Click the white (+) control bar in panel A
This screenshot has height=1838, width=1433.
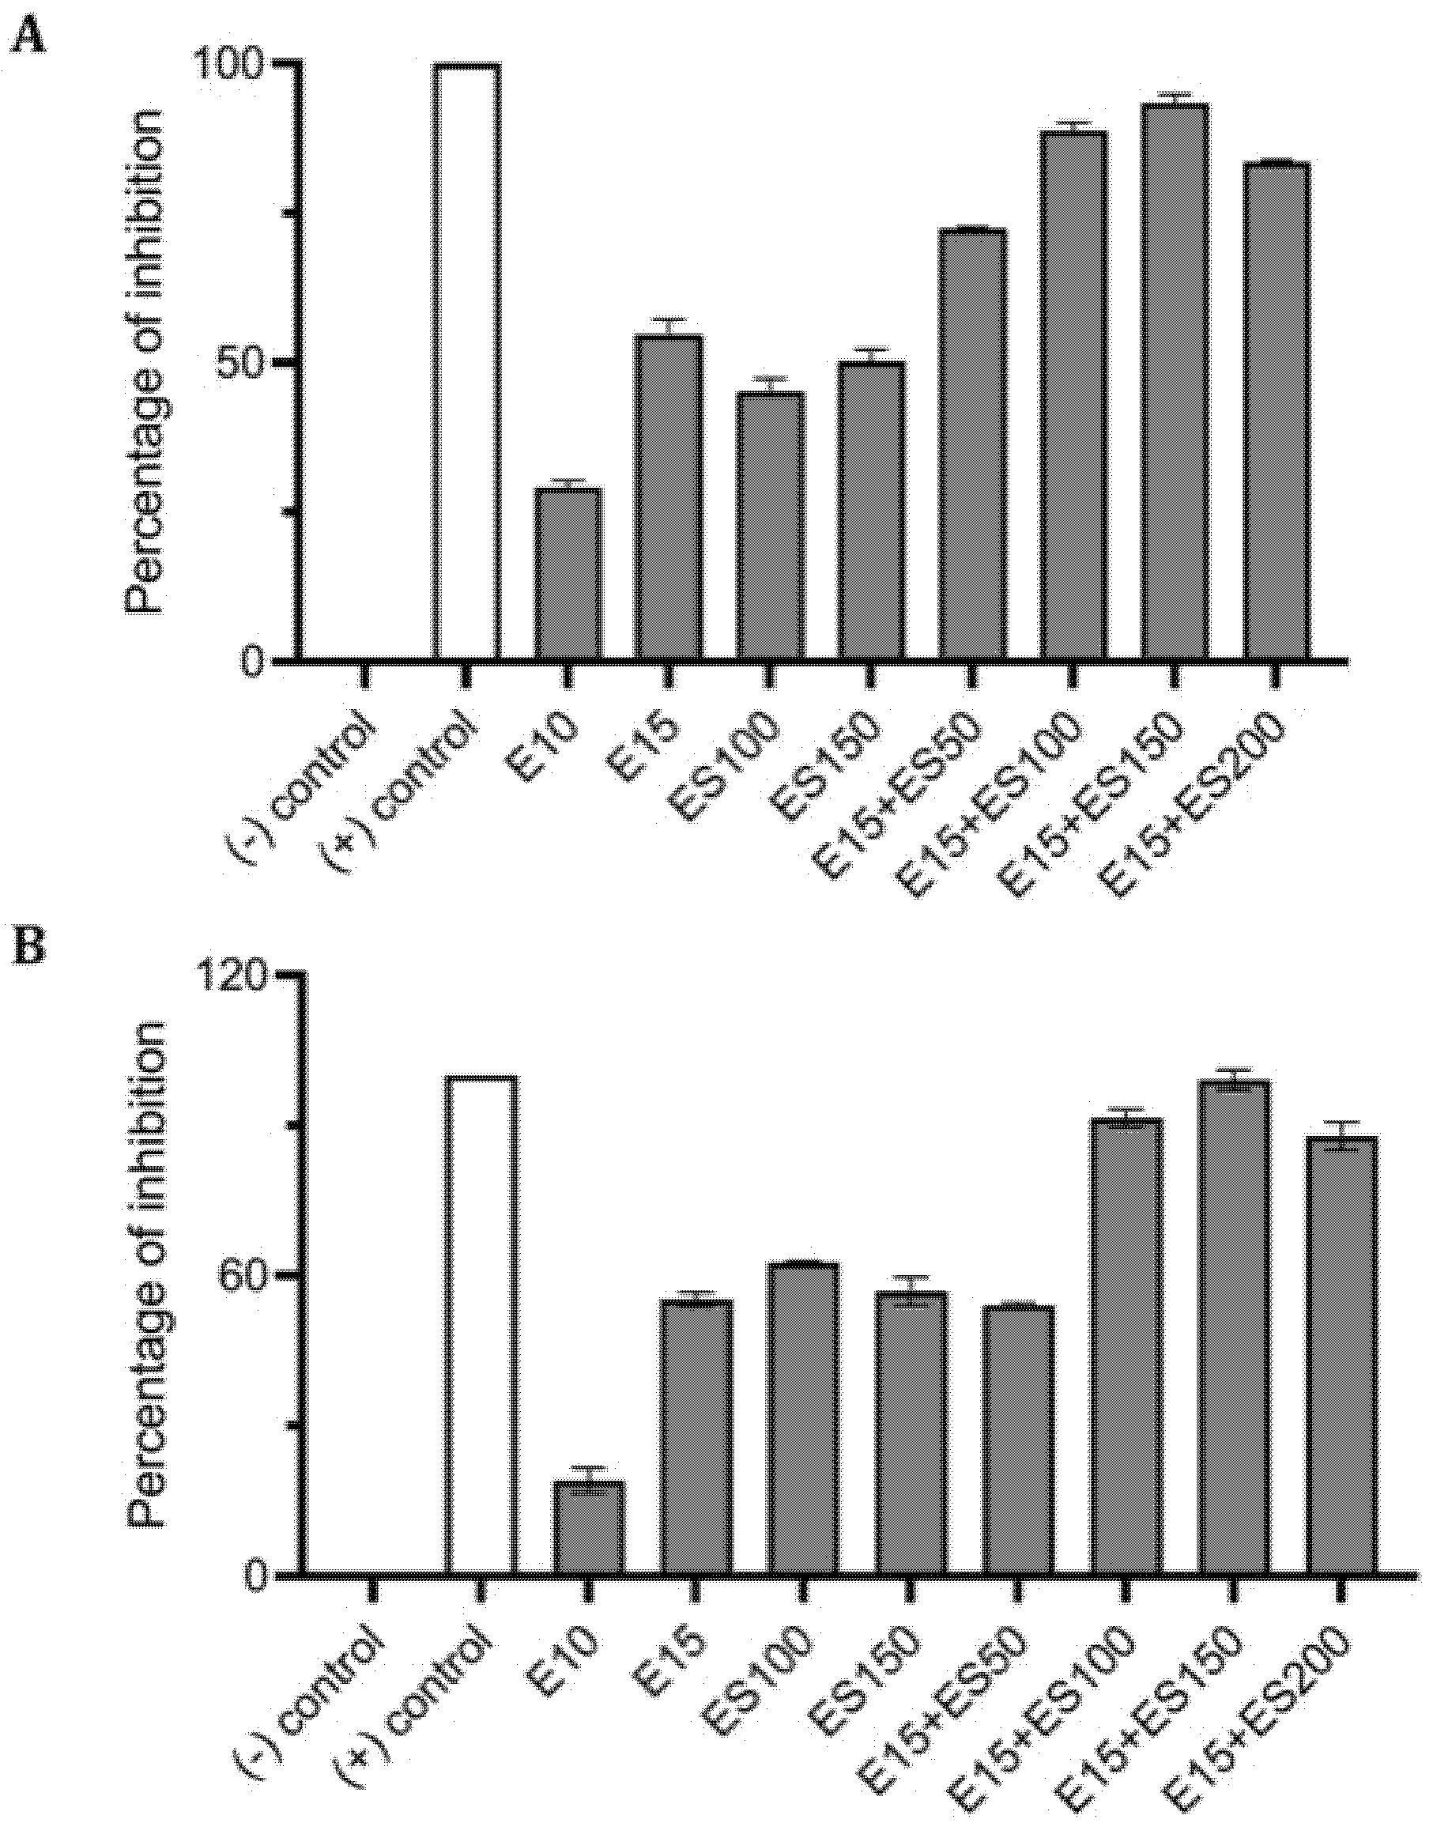pos(467,362)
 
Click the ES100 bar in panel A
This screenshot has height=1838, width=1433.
pos(770,525)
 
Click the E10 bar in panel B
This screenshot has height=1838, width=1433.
pos(588,1527)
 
